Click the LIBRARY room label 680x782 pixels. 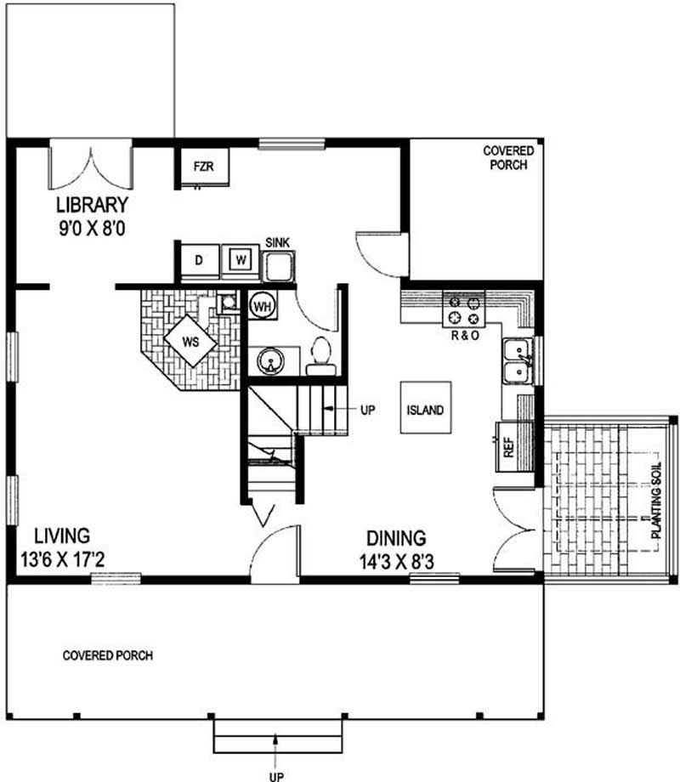[92, 205]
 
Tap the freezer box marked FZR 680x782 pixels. [202, 167]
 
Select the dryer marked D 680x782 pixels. [199, 260]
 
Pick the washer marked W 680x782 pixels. [241, 260]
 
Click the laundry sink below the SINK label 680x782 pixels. [278, 267]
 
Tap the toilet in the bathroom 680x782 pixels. [321, 355]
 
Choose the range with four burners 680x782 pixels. [465, 310]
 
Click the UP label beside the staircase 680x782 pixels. [367, 410]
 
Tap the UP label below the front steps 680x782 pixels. [277, 775]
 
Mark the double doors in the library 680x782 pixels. [90, 167]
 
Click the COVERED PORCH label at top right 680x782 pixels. [508, 158]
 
